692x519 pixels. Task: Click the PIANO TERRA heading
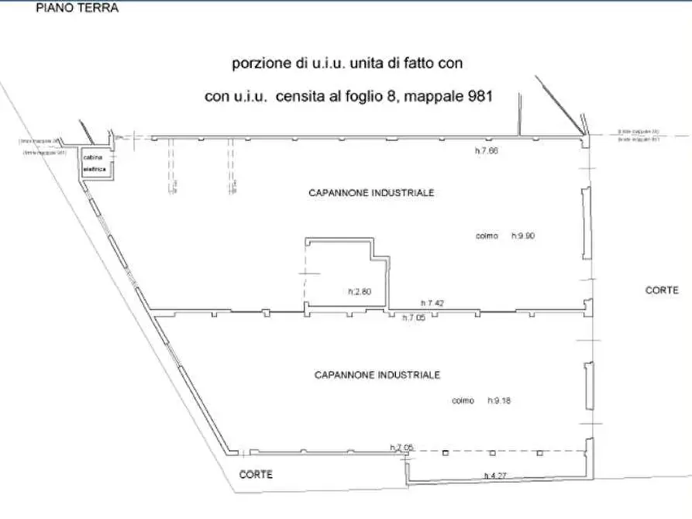click(x=76, y=9)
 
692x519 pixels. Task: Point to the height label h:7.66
click(x=486, y=151)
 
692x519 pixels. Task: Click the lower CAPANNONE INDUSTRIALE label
click(x=377, y=375)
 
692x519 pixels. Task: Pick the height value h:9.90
click(x=524, y=235)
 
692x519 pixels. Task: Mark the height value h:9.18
click(x=501, y=400)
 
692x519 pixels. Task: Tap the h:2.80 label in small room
click(x=360, y=292)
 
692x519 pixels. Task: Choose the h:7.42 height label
click(x=432, y=303)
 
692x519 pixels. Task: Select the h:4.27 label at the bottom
click(x=495, y=476)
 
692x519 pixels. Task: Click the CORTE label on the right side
click(x=662, y=290)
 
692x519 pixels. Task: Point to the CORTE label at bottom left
click(x=256, y=475)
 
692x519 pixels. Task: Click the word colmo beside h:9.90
click(x=487, y=235)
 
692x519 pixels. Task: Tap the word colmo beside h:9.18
click(x=463, y=400)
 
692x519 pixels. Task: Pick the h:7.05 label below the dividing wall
click(x=415, y=318)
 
